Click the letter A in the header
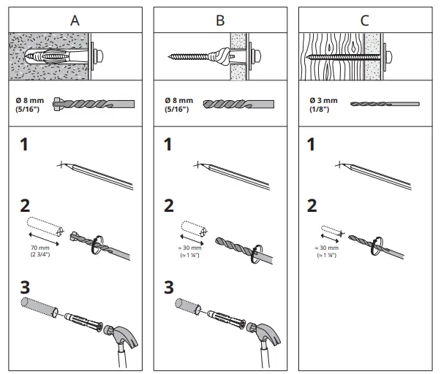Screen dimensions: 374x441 74,20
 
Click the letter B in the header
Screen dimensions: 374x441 220,20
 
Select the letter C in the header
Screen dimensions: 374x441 365,20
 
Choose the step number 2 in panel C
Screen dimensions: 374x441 312,206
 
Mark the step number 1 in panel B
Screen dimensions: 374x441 170,144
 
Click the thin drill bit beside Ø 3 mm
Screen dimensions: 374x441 384,104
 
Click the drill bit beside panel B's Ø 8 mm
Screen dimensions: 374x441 238,104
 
